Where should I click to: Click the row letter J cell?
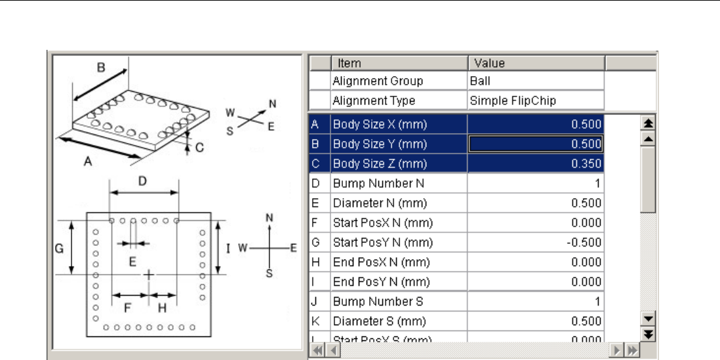click(x=315, y=302)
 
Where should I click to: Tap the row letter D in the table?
click(x=315, y=183)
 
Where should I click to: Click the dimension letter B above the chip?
click(x=101, y=66)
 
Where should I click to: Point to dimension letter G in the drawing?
click(x=58, y=249)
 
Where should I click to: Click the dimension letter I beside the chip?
click(x=228, y=248)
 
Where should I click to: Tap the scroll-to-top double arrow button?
click(x=648, y=123)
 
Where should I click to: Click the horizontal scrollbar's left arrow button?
click(x=332, y=350)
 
